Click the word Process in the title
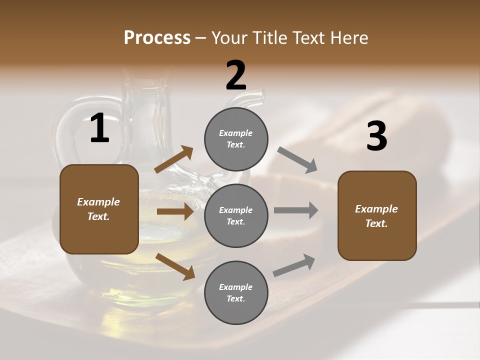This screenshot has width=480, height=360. coord(157,37)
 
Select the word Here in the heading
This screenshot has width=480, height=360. coord(348,37)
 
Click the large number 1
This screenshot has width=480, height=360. coord(99,128)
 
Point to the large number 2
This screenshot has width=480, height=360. coord(236,76)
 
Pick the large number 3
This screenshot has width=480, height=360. coord(376,136)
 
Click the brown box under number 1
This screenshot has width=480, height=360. coord(99,209)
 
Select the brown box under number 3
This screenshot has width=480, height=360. coord(377,215)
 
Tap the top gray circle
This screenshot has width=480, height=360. coord(236,139)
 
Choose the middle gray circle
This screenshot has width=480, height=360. coord(236,215)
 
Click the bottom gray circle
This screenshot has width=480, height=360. coord(236,292)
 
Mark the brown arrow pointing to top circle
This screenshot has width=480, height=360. coord(174,159)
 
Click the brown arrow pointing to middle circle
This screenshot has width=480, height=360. coord(175,212)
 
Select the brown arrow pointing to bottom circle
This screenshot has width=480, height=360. coord(175,266)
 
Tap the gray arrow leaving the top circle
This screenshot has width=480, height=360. coord(297,160)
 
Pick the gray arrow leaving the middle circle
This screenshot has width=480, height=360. coord(296,210)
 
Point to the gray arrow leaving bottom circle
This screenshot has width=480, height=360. coord(294,265)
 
